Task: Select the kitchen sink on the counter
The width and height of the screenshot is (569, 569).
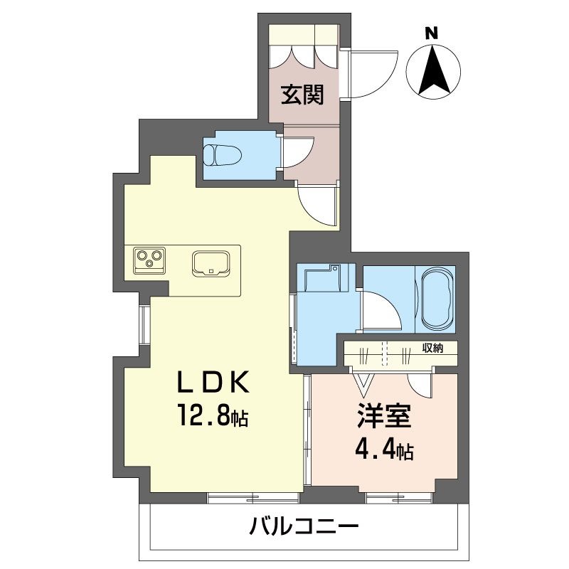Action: tap(211, 262)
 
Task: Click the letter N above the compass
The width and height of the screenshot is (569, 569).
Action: tap(430, 32)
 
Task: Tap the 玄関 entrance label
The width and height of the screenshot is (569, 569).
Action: tap(302, 95)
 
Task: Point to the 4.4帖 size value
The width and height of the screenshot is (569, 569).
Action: tap(384, 450)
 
